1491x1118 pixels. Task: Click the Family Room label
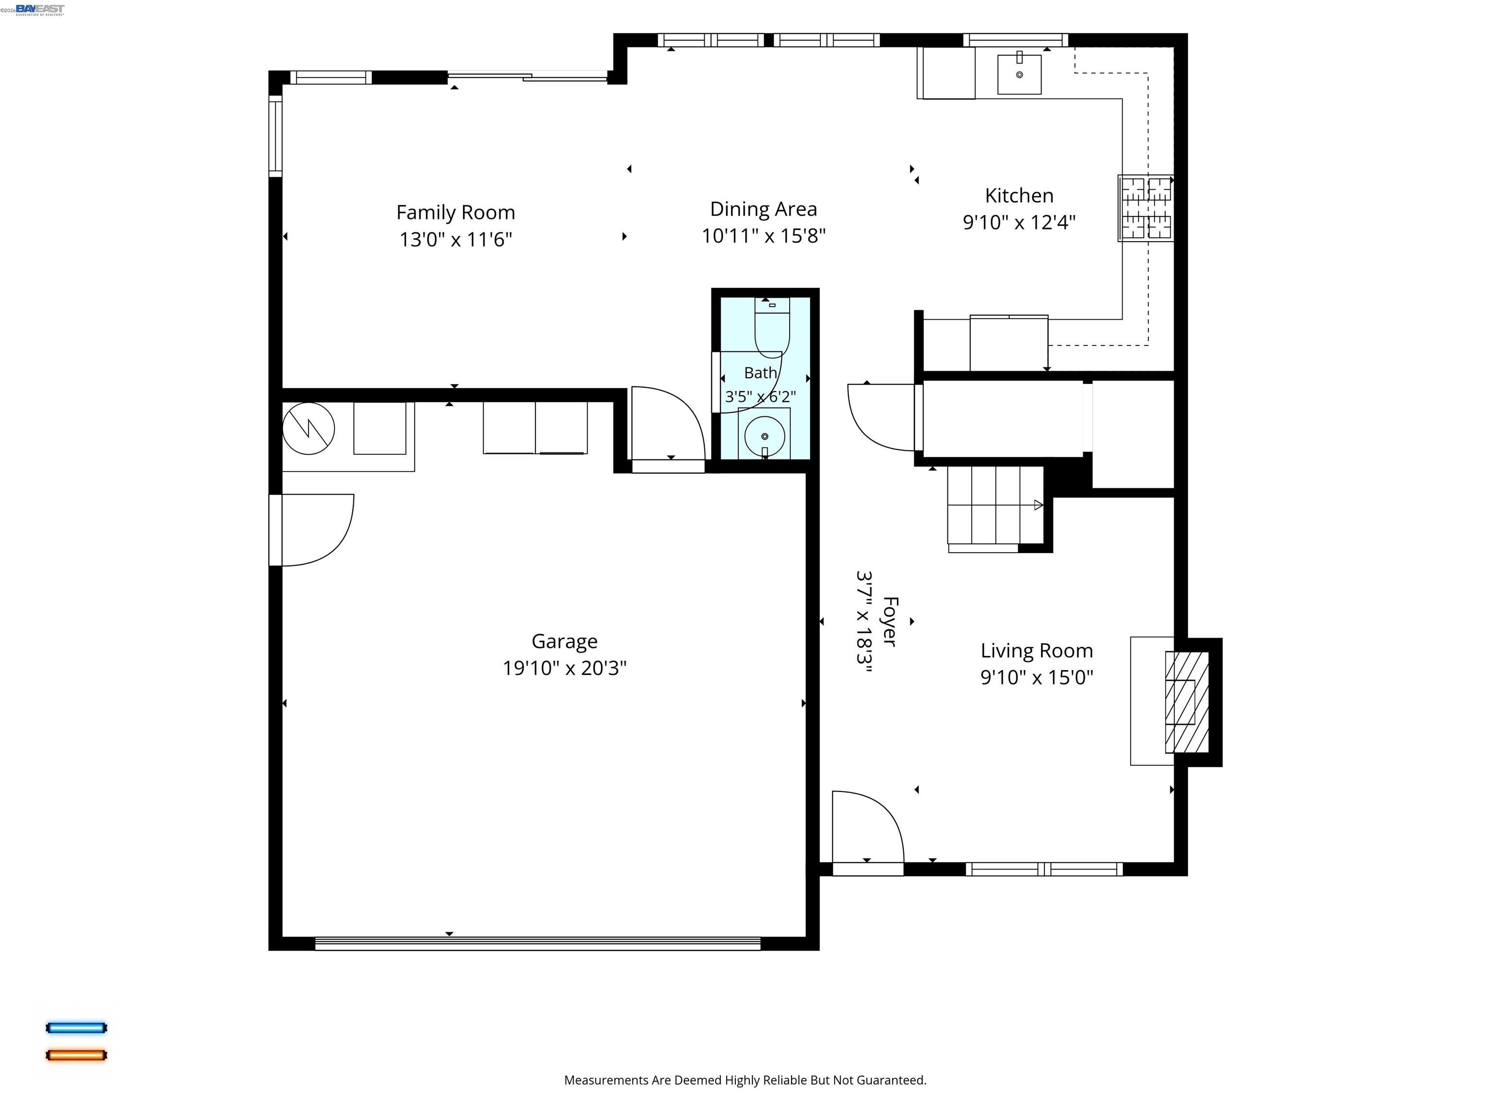(456, 212)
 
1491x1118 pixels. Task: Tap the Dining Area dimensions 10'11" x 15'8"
(763, 236)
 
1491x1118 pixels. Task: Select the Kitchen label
(1019, 196)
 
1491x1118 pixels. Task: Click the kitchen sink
(1019, 73)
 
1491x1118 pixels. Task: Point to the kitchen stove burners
(1146, 208)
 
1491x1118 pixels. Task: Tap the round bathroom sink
(764, 436)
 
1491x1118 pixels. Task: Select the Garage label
(565, 641)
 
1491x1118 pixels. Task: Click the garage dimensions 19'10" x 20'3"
(565, 668)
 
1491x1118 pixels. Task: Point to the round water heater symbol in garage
(309, 428)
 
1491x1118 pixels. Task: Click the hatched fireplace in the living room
(1187, 702)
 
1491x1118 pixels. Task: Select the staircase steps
(995, 506)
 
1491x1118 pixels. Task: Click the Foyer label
(890, 621)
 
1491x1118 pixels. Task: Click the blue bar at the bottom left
(76, 1028)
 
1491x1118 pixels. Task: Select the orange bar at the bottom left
(76, 1055)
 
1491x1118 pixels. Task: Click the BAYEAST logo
(40, 9)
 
